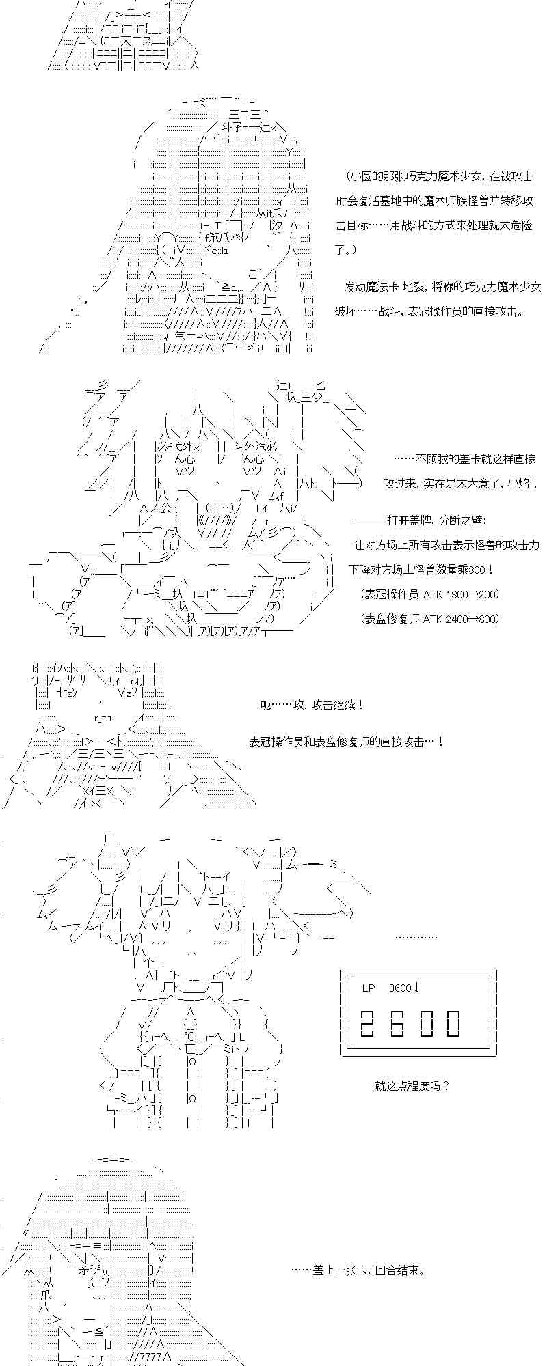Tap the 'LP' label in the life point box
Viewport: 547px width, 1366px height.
[x=369, y=988]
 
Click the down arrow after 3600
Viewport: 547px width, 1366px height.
[x=417, y=988]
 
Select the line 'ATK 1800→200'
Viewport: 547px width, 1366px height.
[x=430, y=594]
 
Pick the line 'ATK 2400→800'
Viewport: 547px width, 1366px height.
[x=430, y=618]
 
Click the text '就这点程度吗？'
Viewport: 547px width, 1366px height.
[x=412, y=1085]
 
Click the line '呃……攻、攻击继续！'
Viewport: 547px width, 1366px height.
[x=312, y=704]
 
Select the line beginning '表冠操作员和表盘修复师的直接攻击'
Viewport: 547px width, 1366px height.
[x=347, y=741]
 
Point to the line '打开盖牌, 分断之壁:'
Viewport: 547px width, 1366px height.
[x=421, y=520]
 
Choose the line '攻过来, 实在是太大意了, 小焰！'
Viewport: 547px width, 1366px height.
[x=460, y=484]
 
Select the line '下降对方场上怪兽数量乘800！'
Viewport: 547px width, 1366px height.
[x=421, y=569]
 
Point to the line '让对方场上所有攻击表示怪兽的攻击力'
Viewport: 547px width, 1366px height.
[x=446, y=545]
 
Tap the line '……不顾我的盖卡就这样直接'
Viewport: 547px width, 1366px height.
[x=465, y=459]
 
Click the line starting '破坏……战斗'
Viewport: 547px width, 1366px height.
[x=430, y=311]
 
